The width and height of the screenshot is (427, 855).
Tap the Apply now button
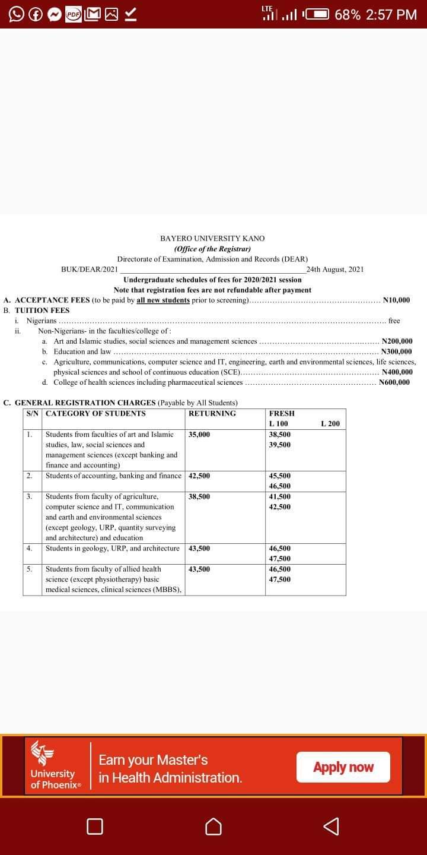click(343, 767)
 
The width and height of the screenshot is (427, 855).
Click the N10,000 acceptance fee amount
click(397, 300)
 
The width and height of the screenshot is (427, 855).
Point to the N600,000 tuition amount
click(394, 382)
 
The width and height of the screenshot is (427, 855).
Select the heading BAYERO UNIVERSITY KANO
click(212, 238)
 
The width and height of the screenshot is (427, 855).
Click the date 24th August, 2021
click(335, 269)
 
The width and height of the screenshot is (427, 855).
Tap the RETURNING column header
click(212, 413)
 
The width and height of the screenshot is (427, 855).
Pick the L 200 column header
click(330, 424)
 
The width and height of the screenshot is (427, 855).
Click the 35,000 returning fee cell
click(199, 435)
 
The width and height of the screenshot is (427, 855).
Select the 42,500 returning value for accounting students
click(199, 476)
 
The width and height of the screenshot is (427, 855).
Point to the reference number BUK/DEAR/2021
click(90, 269)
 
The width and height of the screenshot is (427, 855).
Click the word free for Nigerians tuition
click(394, 321)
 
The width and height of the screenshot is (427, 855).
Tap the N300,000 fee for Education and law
click(397, 351)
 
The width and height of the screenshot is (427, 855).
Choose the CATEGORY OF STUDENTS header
click(95, 413)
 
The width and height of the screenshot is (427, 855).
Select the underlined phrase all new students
click(163, 300)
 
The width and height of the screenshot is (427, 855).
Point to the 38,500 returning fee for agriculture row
click(199, 496)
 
